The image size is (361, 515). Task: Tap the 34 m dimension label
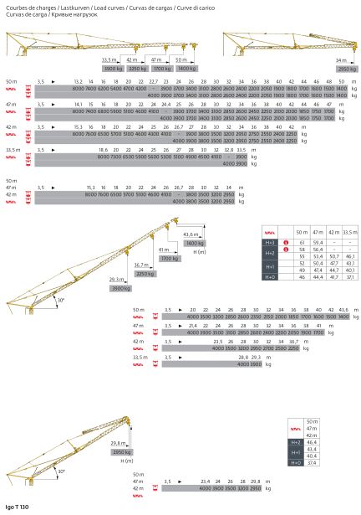tap(340, 60)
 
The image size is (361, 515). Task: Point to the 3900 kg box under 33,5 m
tap(108, 68)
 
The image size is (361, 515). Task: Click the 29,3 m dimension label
tap(116, 280)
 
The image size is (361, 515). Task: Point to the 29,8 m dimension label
tap(118, 444)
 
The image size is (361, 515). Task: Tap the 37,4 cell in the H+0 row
tap(313, 461)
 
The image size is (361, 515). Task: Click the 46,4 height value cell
tap(313, 441)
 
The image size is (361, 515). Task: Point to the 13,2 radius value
tap(79, 81)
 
